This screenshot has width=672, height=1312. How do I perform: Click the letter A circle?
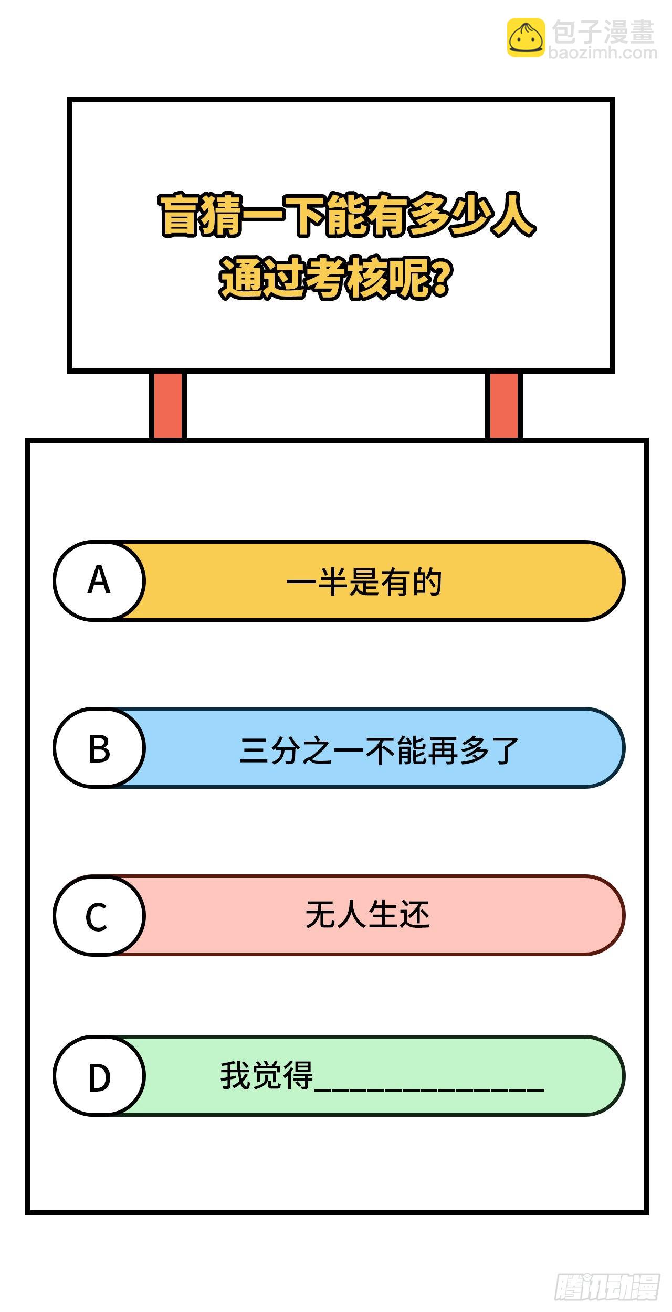click(99, 581)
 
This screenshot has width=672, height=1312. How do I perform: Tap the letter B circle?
click(99, 748)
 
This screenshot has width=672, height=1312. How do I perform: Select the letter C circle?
click(99, 915)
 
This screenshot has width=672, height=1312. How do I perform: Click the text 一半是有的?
click(364, 582)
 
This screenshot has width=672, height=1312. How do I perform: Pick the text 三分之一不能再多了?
click(379, 750)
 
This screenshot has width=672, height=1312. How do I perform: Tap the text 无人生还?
click(367, 915)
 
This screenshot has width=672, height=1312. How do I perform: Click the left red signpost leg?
click(168, 405)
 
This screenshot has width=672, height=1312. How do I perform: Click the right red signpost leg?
click(503, 405)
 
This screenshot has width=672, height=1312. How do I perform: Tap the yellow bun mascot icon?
click(526, 37)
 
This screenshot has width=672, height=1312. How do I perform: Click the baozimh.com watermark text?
click(603, 53)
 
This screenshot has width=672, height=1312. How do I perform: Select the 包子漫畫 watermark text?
click(603, 31)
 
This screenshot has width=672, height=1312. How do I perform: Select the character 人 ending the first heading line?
click(512, 216)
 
